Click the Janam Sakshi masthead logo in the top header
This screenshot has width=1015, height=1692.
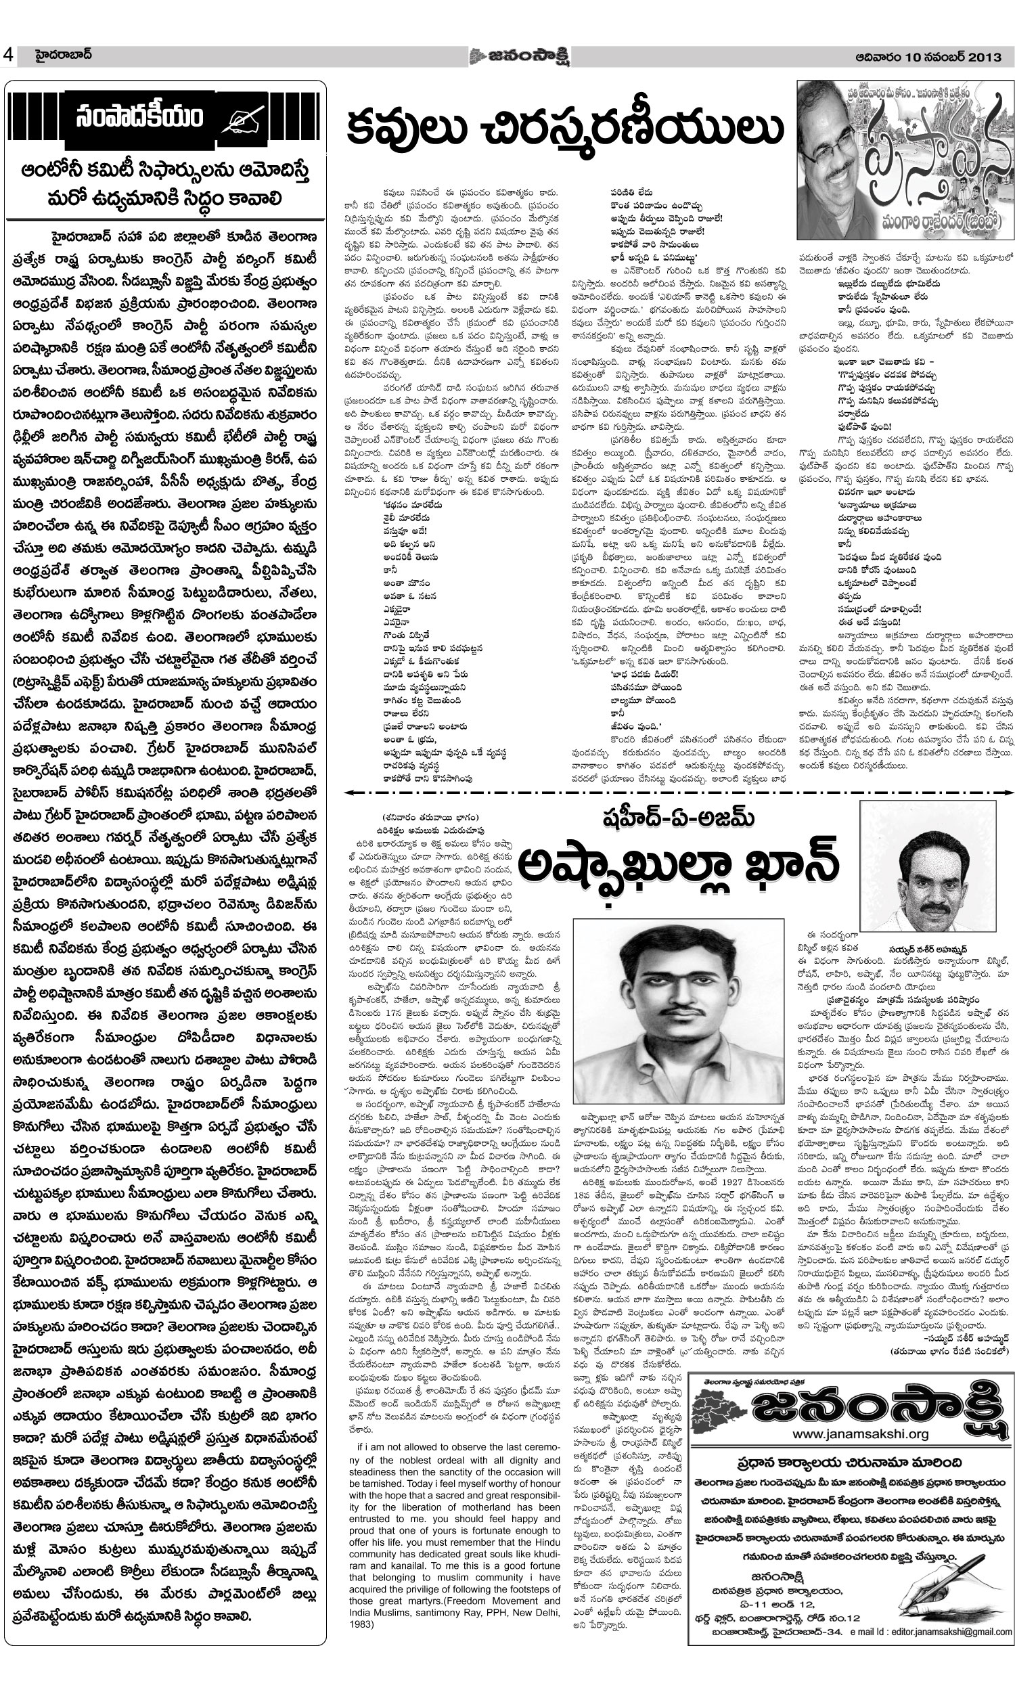coord(519,56)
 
